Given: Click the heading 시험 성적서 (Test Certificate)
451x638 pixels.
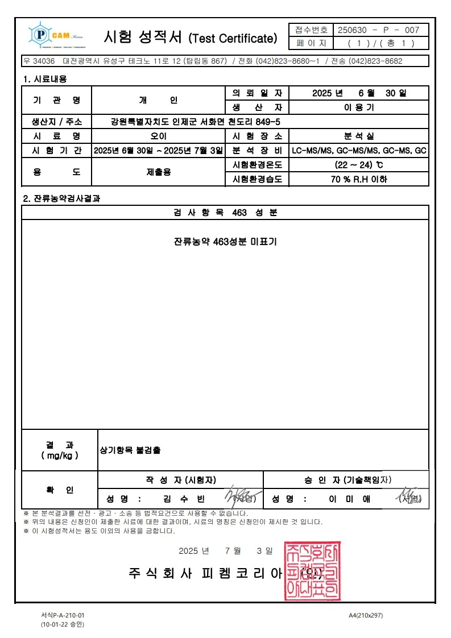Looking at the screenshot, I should [x=190, y=38].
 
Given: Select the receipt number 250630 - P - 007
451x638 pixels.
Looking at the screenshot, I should [x=379, y=30].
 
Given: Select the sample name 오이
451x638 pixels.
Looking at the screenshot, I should [x=158, y=136].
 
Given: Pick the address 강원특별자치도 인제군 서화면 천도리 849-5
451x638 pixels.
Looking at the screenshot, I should [x=196, y=122].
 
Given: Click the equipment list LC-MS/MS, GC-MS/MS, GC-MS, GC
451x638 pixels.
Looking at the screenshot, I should [x=359, y=151].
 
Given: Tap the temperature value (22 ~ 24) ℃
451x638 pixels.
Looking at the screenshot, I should [x=359, y=165].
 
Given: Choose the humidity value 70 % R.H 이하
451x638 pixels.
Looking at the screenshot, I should [x=359, y=179].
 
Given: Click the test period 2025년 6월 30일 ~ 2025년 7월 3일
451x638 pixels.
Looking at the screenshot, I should [x=158, y=151].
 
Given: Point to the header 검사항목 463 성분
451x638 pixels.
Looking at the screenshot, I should [x=225, y=213].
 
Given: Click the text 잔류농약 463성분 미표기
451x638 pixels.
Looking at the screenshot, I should [x=225, y=241].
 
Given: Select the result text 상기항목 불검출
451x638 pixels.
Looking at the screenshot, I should [x=130, y=450].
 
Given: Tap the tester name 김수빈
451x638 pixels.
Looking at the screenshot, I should [x=184, y=499].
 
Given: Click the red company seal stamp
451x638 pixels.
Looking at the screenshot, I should [x=312, y=571].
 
